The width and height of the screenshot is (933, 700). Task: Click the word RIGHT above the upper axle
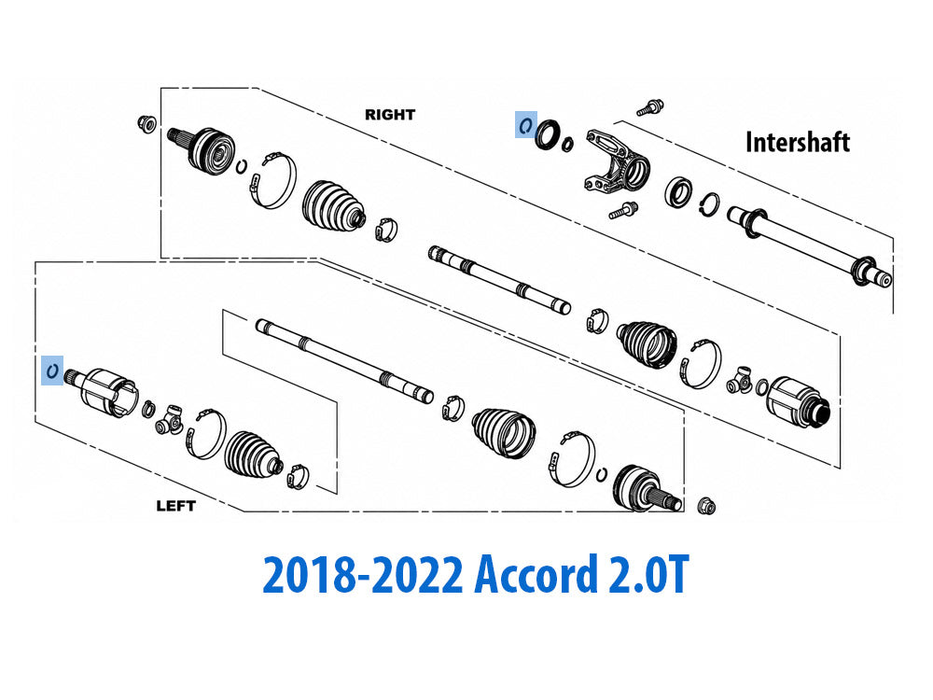tap(390, 114)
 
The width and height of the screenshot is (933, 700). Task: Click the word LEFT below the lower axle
tap(175, 506)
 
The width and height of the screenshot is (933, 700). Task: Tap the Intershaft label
tap(798, 143)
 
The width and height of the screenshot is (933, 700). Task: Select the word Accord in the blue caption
tap(536, 574)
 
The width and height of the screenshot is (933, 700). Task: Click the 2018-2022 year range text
tap(362, 574)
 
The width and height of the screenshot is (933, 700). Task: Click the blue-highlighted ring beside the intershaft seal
tap(525, 125)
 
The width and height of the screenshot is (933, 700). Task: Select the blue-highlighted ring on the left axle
tap(52, 371)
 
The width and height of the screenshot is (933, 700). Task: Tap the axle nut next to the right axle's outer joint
tap(146, 124)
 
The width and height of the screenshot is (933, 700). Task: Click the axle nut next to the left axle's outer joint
tap(705, 506)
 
